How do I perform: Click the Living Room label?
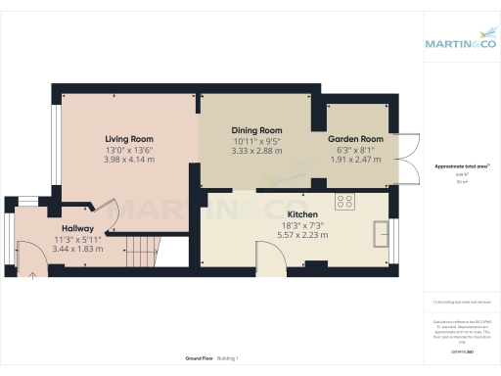(x=130, y=139)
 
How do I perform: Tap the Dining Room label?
(x=256, y=130)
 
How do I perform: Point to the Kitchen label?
(x=301, y=214)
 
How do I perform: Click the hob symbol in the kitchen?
(x=344, y=202)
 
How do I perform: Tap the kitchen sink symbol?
(x=380, y=232)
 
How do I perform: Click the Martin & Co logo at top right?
(x=459, y=43)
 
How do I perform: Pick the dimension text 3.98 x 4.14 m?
(x=130, y=161)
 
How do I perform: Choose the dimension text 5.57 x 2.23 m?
(x=301, y=236)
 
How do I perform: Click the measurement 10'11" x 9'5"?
(x=256, y=141)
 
